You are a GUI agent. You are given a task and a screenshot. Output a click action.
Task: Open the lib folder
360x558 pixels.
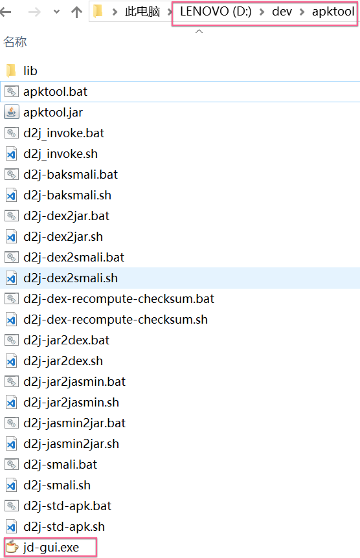[x=30, y=71]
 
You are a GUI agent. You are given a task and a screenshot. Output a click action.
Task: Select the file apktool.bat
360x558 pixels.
[x=55, y=91]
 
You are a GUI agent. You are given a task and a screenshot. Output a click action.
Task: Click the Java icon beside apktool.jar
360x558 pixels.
[x=12, y=112]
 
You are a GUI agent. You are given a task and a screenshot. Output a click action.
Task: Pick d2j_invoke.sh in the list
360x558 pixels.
[x=60, y=153]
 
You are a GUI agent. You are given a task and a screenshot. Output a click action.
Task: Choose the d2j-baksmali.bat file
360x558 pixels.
[x=71, y=174]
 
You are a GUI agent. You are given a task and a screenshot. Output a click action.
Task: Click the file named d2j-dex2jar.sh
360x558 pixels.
[x=63, y=237]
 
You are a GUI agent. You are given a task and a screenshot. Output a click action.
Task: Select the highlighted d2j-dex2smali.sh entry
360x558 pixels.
[x=71, y=278]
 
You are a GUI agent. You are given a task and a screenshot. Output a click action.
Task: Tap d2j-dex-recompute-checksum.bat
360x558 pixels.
[x=118, y=298]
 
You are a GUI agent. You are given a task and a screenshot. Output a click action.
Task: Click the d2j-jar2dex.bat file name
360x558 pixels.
[x=66, y=340]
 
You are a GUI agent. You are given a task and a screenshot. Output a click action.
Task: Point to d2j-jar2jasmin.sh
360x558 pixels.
[x=71, y=402]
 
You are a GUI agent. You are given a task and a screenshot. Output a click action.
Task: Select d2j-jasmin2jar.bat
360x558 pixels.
[x=74, y=423]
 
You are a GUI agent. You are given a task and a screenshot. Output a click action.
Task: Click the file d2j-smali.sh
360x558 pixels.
[x=57, y=485]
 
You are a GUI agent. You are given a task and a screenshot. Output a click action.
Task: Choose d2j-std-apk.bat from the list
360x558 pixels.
[x=67, y=506]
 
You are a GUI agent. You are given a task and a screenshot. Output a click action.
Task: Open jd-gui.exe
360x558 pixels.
[x=51, y=548]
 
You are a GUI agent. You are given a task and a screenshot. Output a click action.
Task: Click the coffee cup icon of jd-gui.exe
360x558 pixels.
[x=12, y=547]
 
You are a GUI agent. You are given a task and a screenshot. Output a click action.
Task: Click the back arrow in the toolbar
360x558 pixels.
[x=6, y=12]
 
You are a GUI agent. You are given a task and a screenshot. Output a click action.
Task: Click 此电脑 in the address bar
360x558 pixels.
[x=142, y=12]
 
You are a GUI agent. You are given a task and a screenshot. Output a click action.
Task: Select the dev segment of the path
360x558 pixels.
[x=282, y=12]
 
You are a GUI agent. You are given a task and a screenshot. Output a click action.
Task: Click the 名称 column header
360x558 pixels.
[x=15, y=42]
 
